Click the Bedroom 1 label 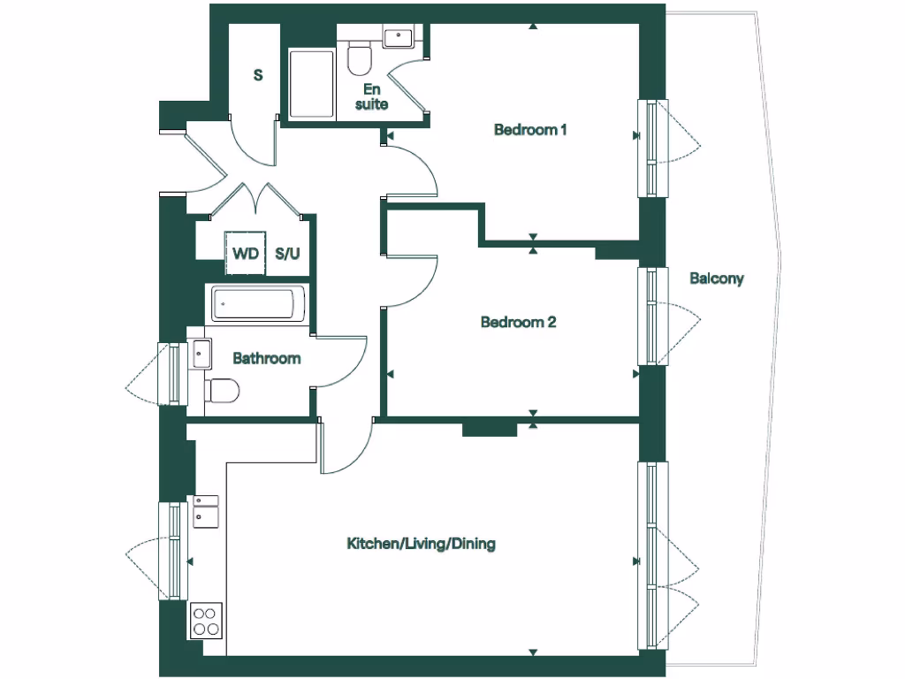click(529, 130)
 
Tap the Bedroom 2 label click(518, 322)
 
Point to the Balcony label click(717, 278)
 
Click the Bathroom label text click(266, 358)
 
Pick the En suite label click(371, 96)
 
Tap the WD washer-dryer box click(245, 254)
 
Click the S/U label click(287, 254)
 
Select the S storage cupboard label click(258, 75)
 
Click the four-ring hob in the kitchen click(206, 620)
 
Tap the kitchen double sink click(206, 511)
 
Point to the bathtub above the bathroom click(258, 305)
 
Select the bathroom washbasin click(201, 354)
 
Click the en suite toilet click(360, 58)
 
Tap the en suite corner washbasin click(399, 37)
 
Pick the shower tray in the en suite click(312, 84)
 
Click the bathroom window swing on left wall click(148, 373)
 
